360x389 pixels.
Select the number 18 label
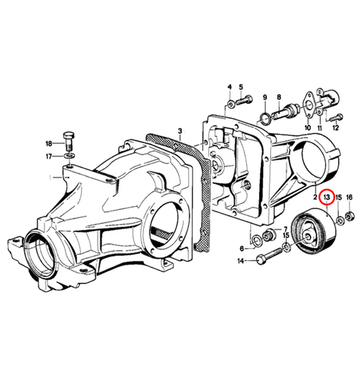[48, 144]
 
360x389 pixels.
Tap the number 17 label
[48, 156]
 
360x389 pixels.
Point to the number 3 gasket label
[180, 131]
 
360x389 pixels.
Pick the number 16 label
[349, 197]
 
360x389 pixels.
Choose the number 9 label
[264, 97]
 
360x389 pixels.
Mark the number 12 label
[336, 128]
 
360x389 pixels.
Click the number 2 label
[315, 197]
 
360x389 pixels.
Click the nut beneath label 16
[349, 217]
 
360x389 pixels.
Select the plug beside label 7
[269, 236]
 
